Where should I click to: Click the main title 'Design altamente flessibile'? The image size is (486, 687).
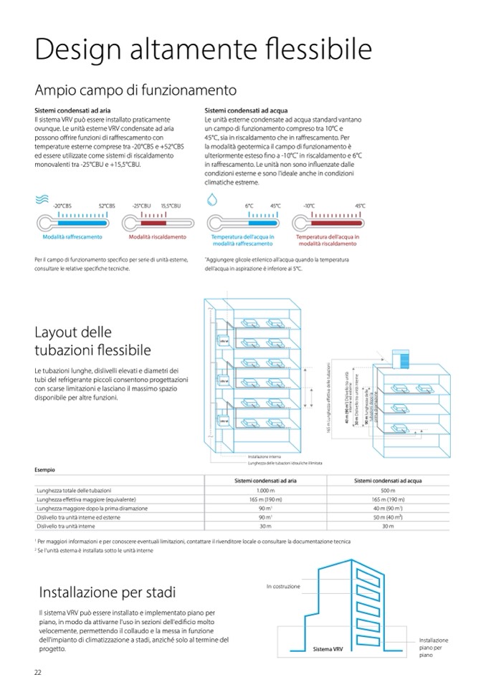click(x=204, y=49)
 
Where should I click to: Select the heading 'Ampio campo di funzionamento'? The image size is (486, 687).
click(x=135, y=90)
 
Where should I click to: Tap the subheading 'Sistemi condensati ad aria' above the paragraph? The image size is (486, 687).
click(x=72, y=110)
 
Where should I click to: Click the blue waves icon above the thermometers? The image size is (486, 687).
click(x=43, y=202)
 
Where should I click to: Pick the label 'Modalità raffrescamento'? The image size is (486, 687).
click(x=72, y=236)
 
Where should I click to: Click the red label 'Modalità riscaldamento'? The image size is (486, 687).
click(x=157, y=236)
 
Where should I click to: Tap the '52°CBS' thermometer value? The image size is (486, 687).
click(x=107, y=206)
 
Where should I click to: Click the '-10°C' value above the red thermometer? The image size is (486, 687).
click(x=309, y=206)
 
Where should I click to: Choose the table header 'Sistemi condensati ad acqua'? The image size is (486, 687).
click(x=388, y=480)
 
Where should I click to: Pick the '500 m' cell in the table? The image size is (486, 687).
click(x=388, y=490)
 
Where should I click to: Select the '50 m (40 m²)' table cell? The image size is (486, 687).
click(x=388, y=517)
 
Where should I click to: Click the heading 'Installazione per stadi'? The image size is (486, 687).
click(x=107, y=592)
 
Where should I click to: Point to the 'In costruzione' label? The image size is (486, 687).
click(x=283, y=586)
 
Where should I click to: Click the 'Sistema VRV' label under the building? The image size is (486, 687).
click(x=328, y=649)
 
